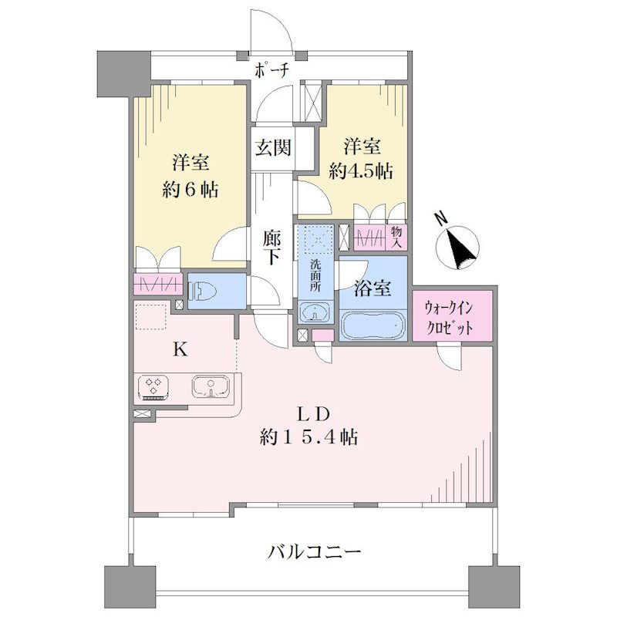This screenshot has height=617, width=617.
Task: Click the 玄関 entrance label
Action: tap(273, 147)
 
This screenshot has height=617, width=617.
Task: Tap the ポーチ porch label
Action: tap(272, 71)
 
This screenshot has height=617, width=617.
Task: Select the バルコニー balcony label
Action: tap(314, 552)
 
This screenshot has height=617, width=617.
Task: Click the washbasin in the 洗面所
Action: tap(315, 313)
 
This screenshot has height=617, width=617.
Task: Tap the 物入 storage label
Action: tap(396, 238)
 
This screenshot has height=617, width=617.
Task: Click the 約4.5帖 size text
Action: tap(361, 171)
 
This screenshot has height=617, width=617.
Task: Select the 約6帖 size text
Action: tap(190, 190)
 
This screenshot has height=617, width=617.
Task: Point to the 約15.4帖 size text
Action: tap(308, 437)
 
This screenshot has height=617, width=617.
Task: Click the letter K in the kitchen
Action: tap(180, 349)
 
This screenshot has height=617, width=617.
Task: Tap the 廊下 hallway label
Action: tap(272, 248)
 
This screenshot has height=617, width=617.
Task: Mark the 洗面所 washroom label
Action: tap(315, 275)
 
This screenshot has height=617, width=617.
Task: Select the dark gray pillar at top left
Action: tap(124, 74)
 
